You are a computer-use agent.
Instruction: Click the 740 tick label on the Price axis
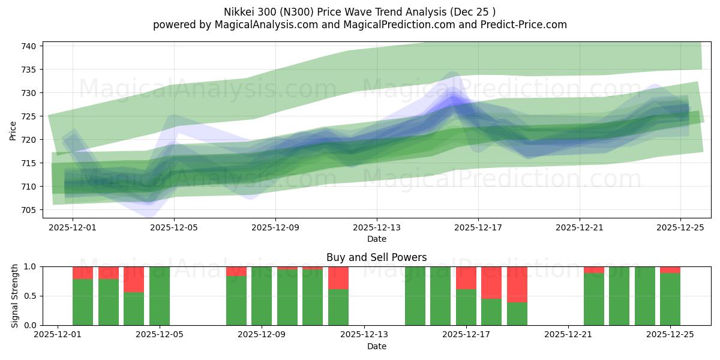31,46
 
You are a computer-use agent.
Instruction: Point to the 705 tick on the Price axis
31,210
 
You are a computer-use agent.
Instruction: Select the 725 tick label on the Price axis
31,116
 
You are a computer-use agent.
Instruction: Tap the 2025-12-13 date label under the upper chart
377,227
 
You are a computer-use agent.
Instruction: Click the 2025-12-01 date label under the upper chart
73,227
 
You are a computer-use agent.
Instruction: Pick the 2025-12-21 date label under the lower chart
568,335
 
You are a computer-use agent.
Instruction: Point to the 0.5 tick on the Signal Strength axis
31,296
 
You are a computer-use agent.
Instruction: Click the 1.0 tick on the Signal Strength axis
31,266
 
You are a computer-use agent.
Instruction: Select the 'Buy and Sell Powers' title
376,257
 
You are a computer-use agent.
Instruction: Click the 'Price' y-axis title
13,130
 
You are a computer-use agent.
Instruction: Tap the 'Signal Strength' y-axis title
15,296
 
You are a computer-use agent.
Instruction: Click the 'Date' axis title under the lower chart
376,346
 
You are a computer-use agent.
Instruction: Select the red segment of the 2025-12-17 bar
466,278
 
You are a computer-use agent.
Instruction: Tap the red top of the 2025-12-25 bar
670,270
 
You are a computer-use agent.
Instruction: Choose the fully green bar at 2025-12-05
160,296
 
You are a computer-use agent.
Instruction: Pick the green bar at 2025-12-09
262,296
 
